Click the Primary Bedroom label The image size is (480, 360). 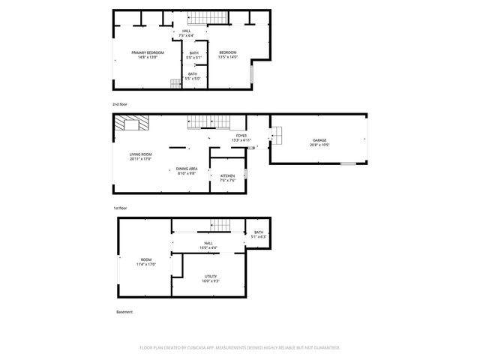(148, 55)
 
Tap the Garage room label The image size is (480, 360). (319, 142)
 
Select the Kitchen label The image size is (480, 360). (228, 178)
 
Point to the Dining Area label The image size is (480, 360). (187, 170)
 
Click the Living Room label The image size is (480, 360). (140, 156)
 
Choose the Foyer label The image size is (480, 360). (239, 138)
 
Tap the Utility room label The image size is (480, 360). (211, 279)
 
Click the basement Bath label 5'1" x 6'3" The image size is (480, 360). (259, 235)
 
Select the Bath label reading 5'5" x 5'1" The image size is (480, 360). (193, 55)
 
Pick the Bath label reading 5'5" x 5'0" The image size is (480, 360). (193, 76)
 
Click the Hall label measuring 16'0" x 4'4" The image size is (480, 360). (208, 245)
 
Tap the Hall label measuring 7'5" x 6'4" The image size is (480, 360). (186, 33)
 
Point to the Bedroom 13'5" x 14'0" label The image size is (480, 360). (227, 55)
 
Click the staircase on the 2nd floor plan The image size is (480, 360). (205, 19)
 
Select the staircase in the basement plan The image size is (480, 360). (220, 225)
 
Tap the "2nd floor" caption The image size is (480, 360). (120, 103)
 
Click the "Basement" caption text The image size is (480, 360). (124, 312)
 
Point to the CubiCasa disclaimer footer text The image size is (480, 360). (240, 347)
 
